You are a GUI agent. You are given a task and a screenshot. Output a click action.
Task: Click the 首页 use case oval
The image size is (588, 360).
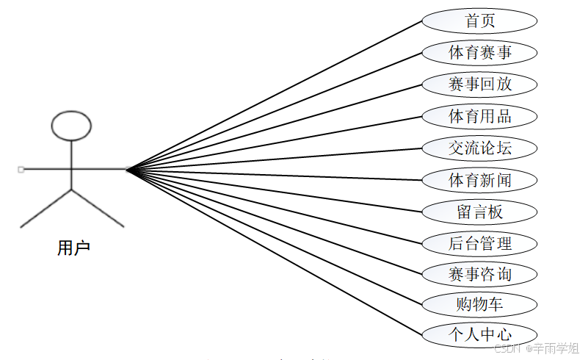click(479, 21)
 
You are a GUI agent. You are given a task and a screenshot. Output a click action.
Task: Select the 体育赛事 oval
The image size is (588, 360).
click(479, 52)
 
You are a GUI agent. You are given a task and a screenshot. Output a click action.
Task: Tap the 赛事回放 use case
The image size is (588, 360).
click(479, 84)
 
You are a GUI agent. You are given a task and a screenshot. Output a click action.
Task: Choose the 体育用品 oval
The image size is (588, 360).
click(479, 116)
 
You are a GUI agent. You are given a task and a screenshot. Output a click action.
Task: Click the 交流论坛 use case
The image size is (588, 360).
click(479, 148)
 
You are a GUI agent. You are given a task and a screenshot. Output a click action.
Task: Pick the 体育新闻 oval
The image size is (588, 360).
click(479, 180)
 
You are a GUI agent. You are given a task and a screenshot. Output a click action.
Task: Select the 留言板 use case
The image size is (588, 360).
click(479, 212)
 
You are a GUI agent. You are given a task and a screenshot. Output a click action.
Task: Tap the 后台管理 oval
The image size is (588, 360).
click(479, 243)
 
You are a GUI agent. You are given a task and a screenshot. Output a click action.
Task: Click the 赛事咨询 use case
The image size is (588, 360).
click(479, 275)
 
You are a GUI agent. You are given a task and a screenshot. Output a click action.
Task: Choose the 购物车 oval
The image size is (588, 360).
click(479, 303)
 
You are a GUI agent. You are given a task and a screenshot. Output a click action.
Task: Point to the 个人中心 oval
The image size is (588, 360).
click(479, 334)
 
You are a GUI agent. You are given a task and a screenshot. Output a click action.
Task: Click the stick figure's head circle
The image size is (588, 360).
click(71, 126)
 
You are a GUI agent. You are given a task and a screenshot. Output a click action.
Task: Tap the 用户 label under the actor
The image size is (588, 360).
click(73, 248)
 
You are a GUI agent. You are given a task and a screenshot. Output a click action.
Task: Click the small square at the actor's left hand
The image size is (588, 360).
click(21, 170)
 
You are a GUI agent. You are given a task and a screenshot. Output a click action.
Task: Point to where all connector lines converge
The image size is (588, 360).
click(127, 170)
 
